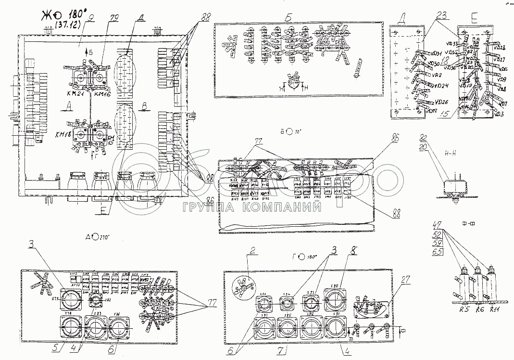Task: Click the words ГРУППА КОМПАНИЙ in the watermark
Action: (252, 207)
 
